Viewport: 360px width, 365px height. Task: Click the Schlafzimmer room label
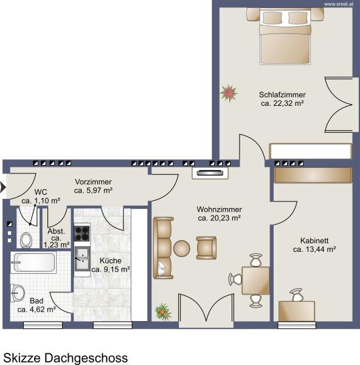[x=282, y=95]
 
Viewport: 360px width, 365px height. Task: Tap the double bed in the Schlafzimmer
[x=285, y=36]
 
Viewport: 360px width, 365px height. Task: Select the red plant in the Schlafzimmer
[x=229, y=93]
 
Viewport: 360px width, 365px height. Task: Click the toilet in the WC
[x=26, y=240]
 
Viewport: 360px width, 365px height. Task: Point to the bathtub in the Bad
[x=33, y=262]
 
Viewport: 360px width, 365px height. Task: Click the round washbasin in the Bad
[x=17, y=293]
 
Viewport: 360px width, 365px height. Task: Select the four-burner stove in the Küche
[x=81, y=233]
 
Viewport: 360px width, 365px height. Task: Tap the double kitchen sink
[x=82, y=260]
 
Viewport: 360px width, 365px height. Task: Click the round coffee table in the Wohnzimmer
[x=182, y=249]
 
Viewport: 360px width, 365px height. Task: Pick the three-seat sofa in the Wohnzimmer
[x=163, y=248]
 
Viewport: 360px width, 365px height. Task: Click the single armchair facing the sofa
[x=206, y=248]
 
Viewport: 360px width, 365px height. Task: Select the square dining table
[x=256, y=280]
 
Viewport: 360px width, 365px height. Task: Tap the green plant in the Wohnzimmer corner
[x=163, y=311]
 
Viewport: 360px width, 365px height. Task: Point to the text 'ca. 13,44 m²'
[x=314, y=249]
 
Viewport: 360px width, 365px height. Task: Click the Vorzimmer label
[x=93, y=181]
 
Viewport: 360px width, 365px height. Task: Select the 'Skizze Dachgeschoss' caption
[x=66, y=358]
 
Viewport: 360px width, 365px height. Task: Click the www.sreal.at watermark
[x=339, y=4]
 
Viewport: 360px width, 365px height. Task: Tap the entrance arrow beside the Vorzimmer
[x=3, y=187]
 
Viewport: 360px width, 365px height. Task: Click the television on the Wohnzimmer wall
[x=210, y=173]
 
